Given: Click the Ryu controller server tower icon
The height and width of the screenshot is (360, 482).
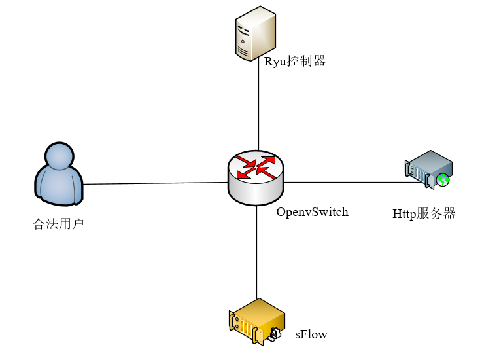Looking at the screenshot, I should [254, 37].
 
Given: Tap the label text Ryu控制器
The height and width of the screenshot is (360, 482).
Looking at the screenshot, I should [294, 62].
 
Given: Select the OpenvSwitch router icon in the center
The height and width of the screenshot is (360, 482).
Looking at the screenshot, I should [256, 175].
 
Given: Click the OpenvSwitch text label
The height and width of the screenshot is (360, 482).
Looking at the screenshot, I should [312, 212].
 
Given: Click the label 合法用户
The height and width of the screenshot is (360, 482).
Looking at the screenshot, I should [58, 225].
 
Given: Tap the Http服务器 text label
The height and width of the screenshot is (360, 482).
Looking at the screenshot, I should [423, 214].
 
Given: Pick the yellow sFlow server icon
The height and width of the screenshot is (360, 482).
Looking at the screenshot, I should [256, 321].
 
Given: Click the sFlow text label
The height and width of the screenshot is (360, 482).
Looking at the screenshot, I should [311, 334].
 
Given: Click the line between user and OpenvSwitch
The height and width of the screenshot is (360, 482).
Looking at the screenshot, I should [156, 183].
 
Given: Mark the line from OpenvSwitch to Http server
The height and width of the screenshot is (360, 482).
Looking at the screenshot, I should [347, 182].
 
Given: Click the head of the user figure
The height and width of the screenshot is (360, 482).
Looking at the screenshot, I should [58, 156].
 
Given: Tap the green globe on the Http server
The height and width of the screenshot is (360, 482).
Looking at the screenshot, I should [444, 179].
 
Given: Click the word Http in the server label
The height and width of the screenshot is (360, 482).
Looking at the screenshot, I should [404, 214].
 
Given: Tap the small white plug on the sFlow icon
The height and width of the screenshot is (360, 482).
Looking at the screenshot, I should [276, 333].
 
